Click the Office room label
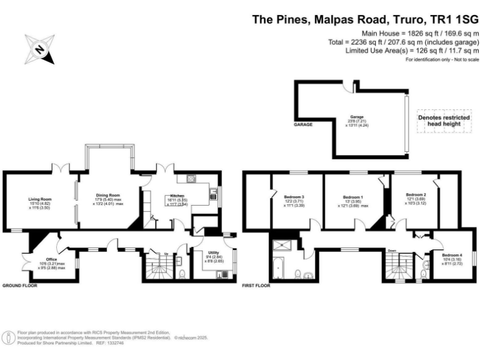[51, 259]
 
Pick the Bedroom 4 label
[452, 255]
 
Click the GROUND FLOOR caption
[19, 285]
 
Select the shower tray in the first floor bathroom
[278, 245]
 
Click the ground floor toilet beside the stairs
[181, 273]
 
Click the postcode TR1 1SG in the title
[455, 19]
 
